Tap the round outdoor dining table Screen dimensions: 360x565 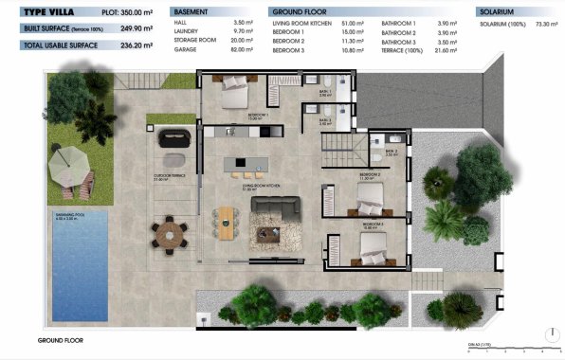(170, 234)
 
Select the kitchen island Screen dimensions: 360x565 (246, 165)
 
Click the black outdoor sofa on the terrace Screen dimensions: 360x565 (173, 138)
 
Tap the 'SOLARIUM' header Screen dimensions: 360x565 (498, 11)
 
